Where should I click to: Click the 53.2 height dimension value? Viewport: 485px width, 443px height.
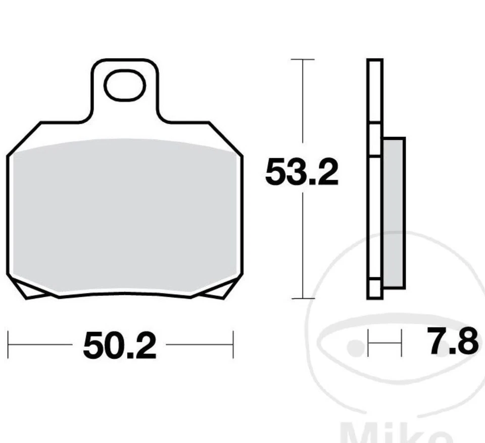click(x=302, y=172)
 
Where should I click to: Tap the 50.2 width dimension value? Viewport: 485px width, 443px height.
click(x=120, y=346)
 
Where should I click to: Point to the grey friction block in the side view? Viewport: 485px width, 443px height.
click(x=394, y=212)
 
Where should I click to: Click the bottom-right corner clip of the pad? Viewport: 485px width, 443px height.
click(x=217, y=290)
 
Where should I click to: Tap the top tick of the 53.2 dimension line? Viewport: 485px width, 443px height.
click(x=302, y=60)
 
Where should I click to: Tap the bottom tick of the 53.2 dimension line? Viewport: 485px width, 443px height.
click(x=302, y=299)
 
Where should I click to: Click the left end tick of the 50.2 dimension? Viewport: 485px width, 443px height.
click(x=9, y=345)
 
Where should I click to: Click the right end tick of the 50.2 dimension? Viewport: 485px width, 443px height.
click(x=233, y=345)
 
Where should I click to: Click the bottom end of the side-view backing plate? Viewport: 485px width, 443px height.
click(x=374, y=295)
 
